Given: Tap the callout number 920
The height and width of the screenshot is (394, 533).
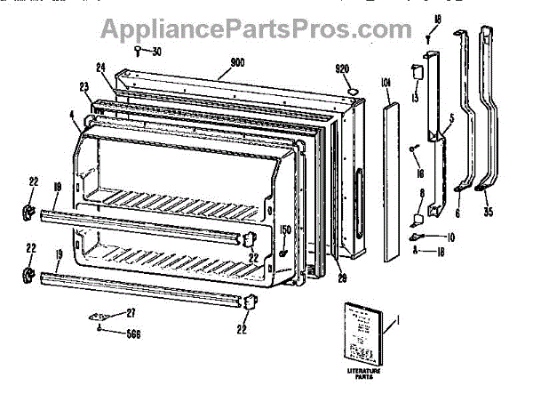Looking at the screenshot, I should tap(343, 68).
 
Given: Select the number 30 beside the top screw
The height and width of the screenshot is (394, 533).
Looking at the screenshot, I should tap(157, 51).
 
